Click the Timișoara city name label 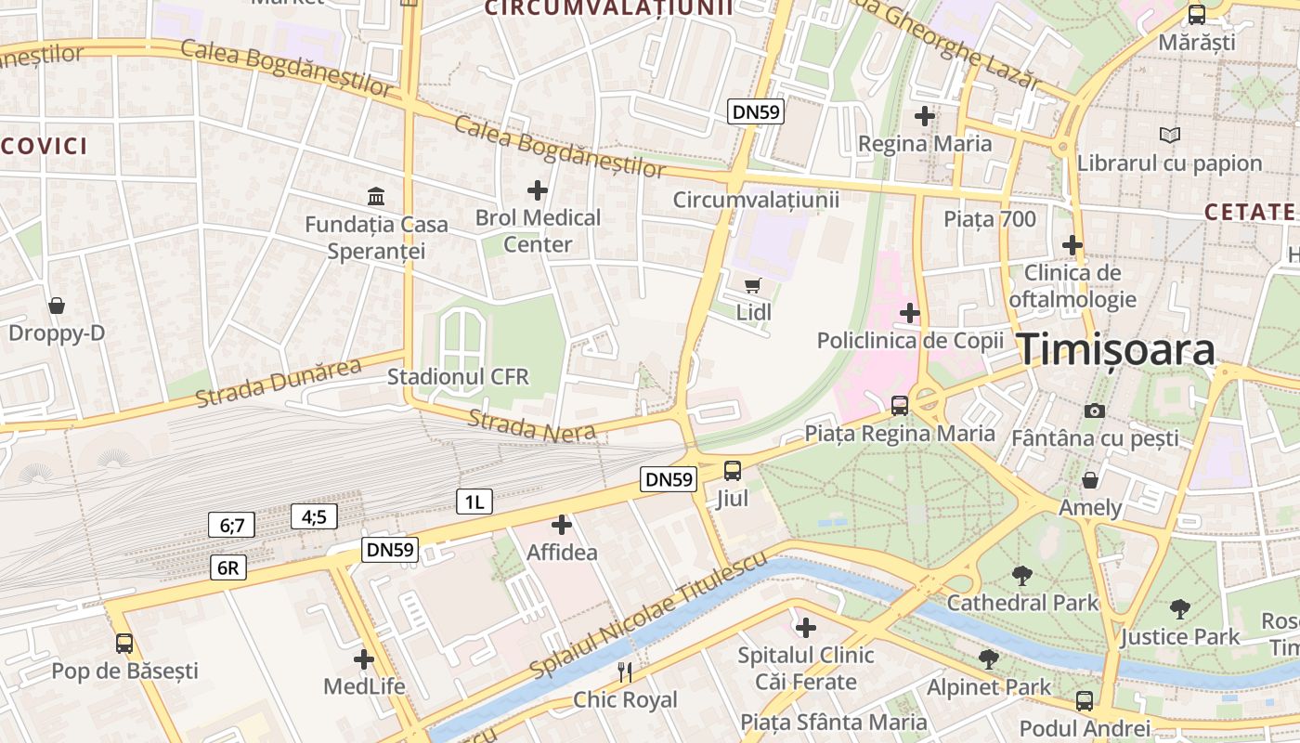pos(1117,350)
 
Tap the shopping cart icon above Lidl pos(752,286)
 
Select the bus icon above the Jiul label pos(733,470)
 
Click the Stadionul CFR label pos(458,376)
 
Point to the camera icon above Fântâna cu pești pos(1095,411)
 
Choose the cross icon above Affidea pos(562,525)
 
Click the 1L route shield pos(474,502)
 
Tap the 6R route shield pos(228,567)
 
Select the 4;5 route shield pos(314,516)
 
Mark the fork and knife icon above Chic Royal pos(625,672)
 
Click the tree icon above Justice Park pos(1179,609)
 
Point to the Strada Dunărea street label pos(278,383)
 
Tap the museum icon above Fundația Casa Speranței pos(376,197)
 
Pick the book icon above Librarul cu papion pos(1170,136)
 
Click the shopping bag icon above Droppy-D pos(57,306)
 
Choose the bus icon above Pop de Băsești pos(124,643)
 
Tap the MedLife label pos(364,686)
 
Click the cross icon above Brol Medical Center pos(538,190)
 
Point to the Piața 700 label pos(989,219)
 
